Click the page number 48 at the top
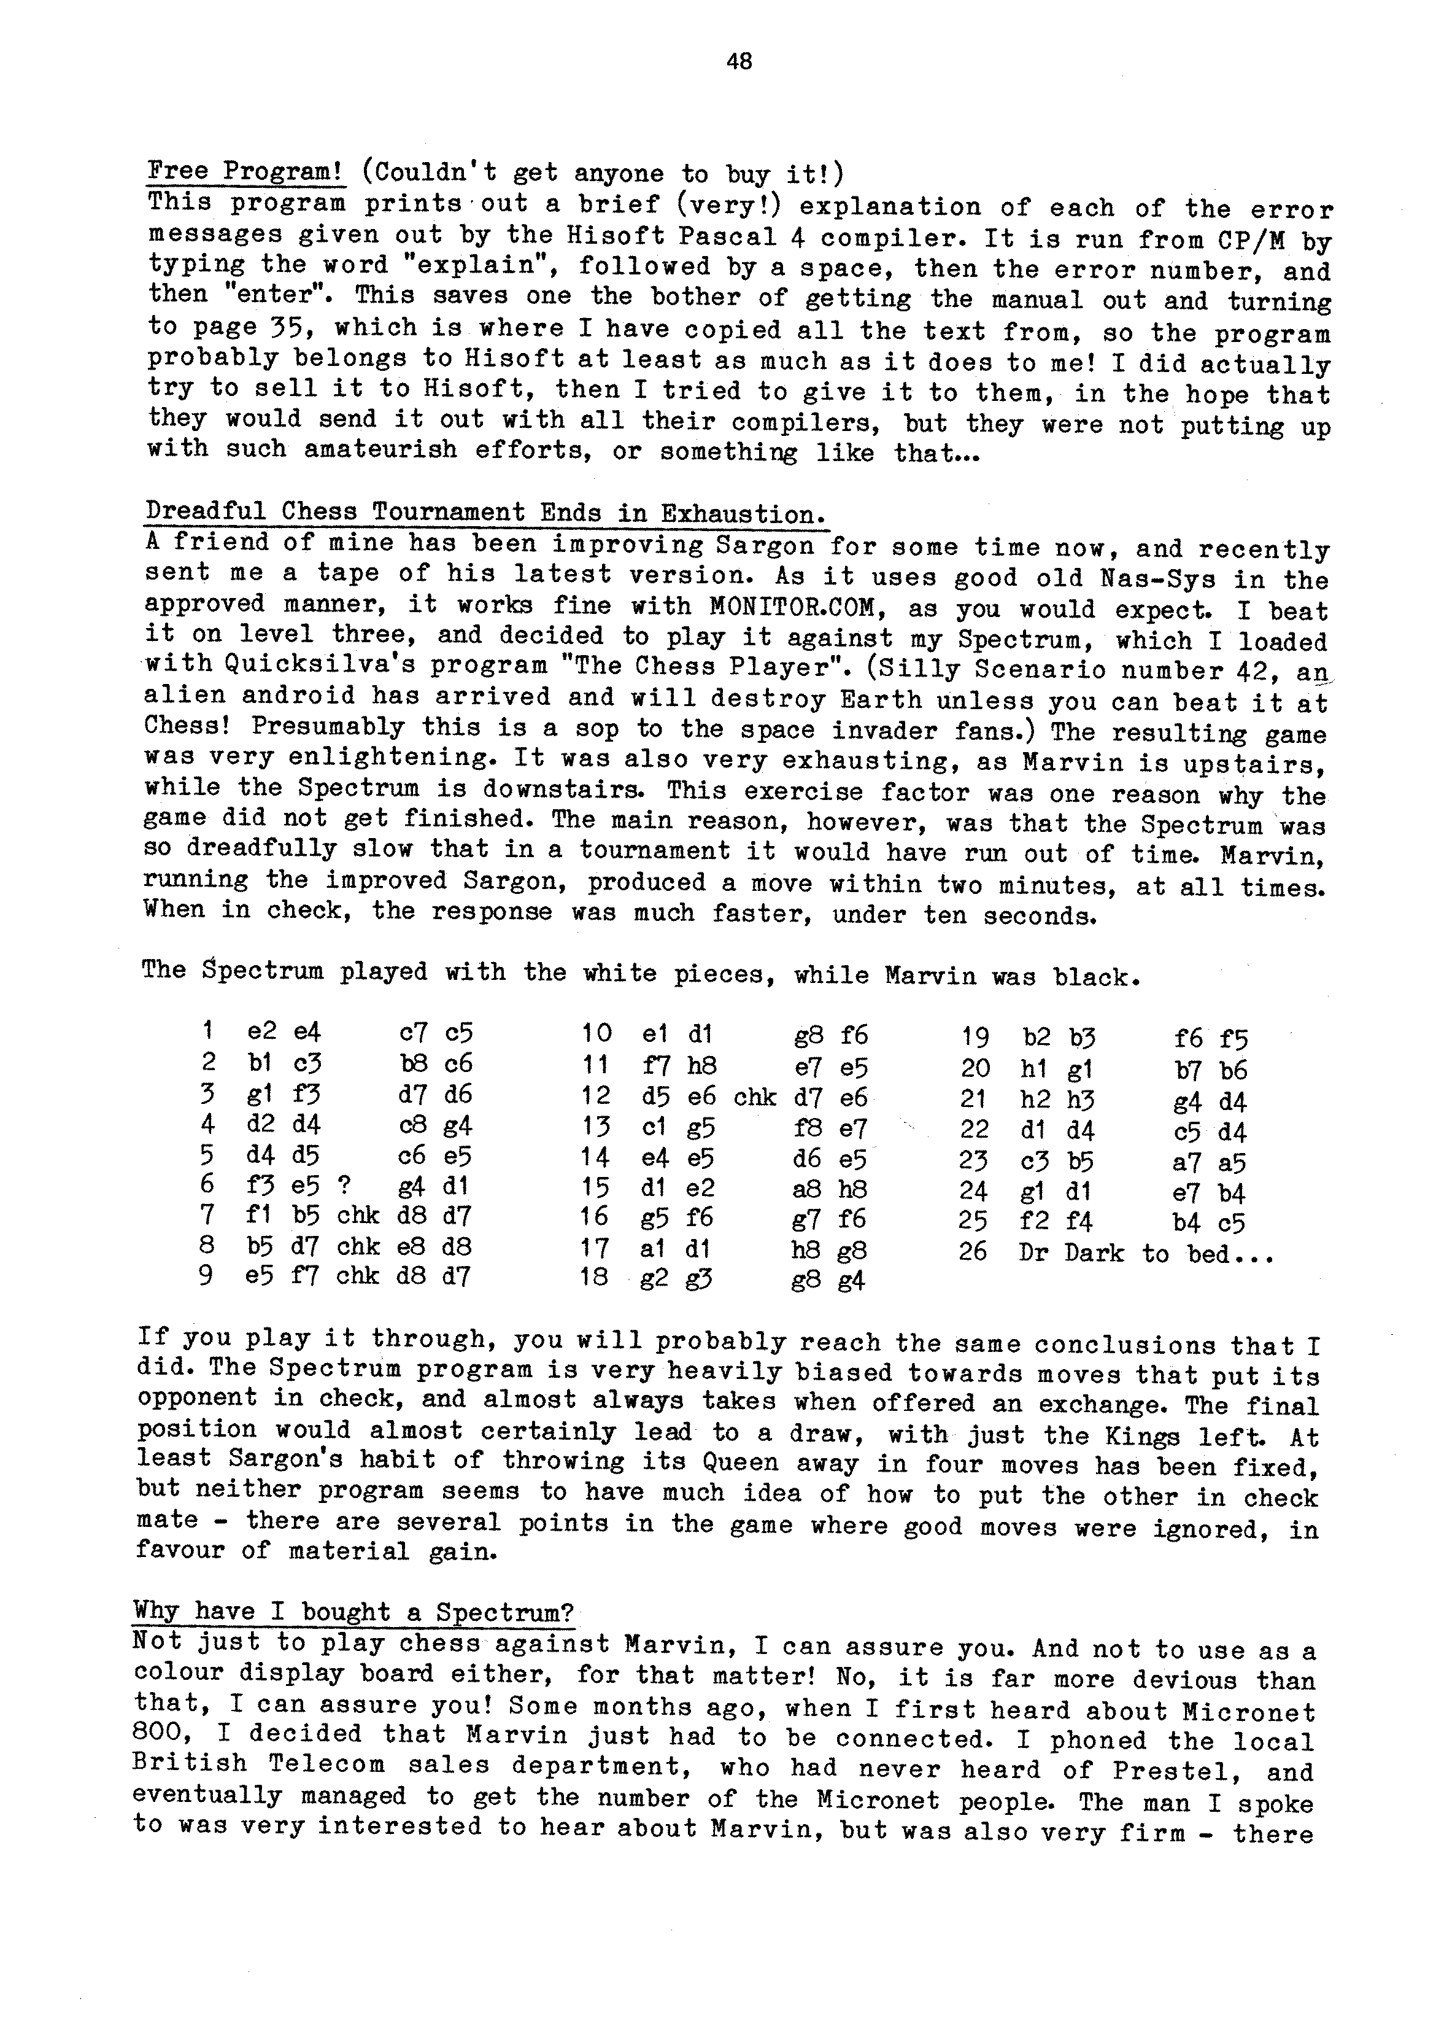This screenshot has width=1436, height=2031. click(738, 61)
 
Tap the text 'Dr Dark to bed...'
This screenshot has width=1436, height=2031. click(1146, 1254)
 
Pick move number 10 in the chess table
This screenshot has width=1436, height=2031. click(597, 1034)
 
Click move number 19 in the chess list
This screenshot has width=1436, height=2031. click(975, 1038)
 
